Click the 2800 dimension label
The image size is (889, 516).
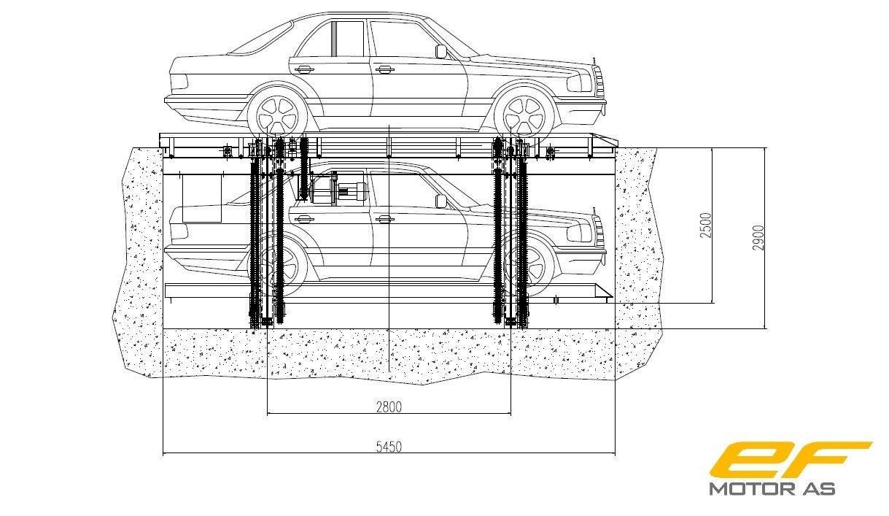(389, 406)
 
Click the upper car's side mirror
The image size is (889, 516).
(440, 51)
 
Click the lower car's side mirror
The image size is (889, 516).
(440, 200)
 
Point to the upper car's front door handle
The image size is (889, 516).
(384, 70)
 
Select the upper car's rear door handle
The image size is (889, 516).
(304, 70)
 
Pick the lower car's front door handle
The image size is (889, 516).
(384, 218)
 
